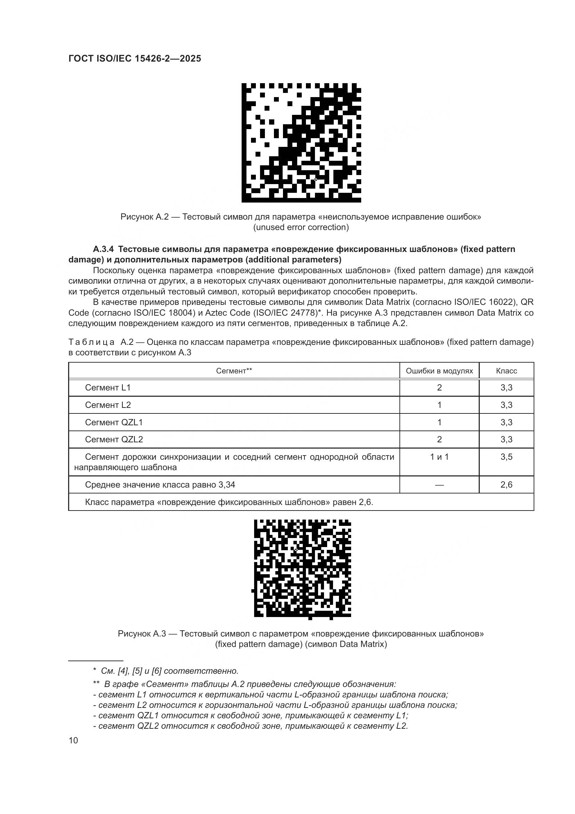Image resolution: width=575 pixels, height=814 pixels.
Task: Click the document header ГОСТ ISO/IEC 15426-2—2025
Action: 135,58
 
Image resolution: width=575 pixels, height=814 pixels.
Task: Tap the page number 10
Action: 73,741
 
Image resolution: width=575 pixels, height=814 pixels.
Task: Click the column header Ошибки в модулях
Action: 439,371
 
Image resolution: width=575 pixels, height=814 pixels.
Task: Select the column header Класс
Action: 506,371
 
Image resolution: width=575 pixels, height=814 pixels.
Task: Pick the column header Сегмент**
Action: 234,371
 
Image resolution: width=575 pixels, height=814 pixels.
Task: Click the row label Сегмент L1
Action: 108,387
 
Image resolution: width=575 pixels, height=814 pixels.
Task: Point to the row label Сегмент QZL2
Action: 114,439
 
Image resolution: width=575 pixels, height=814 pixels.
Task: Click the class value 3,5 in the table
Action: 506,457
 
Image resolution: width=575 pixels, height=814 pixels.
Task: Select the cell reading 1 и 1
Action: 439,457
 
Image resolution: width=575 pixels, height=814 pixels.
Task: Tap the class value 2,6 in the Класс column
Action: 506,485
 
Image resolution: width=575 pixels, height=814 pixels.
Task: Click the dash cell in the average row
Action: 439,485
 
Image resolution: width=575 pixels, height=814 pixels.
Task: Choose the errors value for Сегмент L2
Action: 439,405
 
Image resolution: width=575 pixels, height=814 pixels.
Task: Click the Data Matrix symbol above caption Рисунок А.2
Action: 301,143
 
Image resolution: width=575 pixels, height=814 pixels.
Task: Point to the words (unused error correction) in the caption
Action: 301,227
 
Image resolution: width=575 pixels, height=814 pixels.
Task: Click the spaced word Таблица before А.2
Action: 91,342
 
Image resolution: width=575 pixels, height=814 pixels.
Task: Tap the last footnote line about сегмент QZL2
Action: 250,726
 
